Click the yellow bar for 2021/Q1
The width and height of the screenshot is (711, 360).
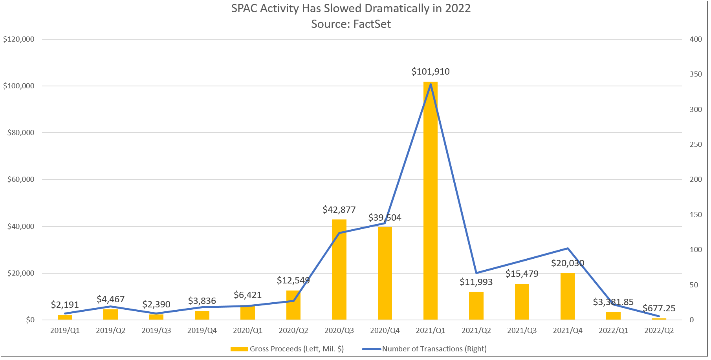[x=431, y=204]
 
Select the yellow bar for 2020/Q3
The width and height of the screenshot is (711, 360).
[x=339, y=271]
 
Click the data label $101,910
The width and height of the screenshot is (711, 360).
[x=431, y=71]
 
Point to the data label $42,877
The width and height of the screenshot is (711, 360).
[x=339, y=210]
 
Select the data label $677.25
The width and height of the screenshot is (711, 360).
[x=659, y=308]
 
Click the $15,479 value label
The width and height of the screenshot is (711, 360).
[x=522, y=274]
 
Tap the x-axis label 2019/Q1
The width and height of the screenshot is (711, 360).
[x=65, y=331]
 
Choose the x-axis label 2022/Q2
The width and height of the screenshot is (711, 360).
[x=659, y=331]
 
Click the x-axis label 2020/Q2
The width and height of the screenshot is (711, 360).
[x=293, y=331]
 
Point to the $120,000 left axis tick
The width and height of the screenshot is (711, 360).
[x=19, y=39]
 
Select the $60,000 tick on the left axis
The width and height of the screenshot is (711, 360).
[x=21, y=179]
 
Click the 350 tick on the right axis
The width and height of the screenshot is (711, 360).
[x=696, y=74]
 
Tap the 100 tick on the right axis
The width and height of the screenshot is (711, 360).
[x=696, y=250]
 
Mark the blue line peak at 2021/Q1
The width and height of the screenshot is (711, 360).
[x=431, y=84]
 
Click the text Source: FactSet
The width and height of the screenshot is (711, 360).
[x=351, y=24]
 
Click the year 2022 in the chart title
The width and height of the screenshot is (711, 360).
[x=458, y=8]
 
